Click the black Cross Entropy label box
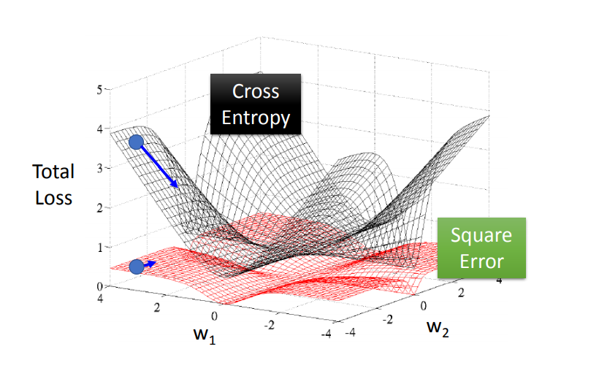click(x=256, y=104)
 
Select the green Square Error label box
click(x=481, y=248)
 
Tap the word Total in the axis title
click(x=53, y=172)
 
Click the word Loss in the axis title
click(x=53, y=196)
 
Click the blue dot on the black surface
click(x=136, y=142)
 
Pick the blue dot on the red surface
click(x=137, y=267)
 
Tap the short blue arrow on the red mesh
click(x=150, y=263)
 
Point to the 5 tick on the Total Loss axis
click(x=99, y=89)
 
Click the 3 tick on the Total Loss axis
click(x=99, y=168)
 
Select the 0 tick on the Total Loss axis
click(x=99, y=286)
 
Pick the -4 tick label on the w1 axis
click(x=326, y=334)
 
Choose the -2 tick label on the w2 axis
click(x=388, y=319)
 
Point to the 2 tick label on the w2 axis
click(x=461, y=292)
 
